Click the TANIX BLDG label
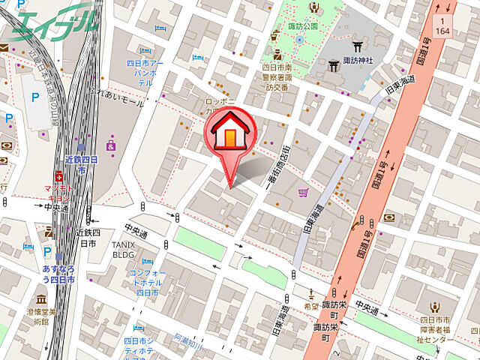[x=123, y=250]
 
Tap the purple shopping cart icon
[x=303, y=193]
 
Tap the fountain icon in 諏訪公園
[x=299, y=39]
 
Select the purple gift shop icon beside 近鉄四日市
[x=111, y=145]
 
